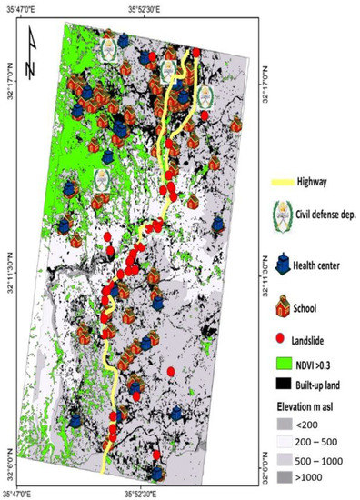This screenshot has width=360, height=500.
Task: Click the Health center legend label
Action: coord(322,265)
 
